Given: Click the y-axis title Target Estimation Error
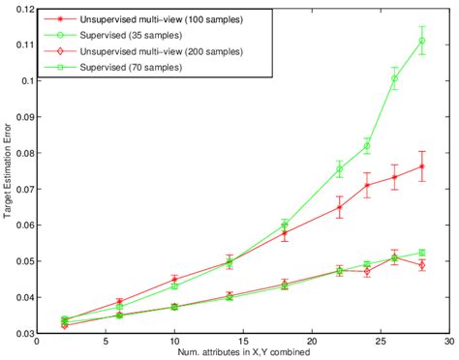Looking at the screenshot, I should (7, 171).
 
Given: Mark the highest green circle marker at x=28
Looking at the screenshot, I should (421, 41).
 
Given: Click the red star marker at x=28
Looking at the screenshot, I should (421, 166).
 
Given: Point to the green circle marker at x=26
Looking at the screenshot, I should (394, 78).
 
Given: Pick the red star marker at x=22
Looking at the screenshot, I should (339, 207).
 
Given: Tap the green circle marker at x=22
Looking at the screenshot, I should (339, 169).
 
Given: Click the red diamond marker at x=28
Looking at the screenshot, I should (421, 264).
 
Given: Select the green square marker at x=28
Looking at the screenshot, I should (421, 253).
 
